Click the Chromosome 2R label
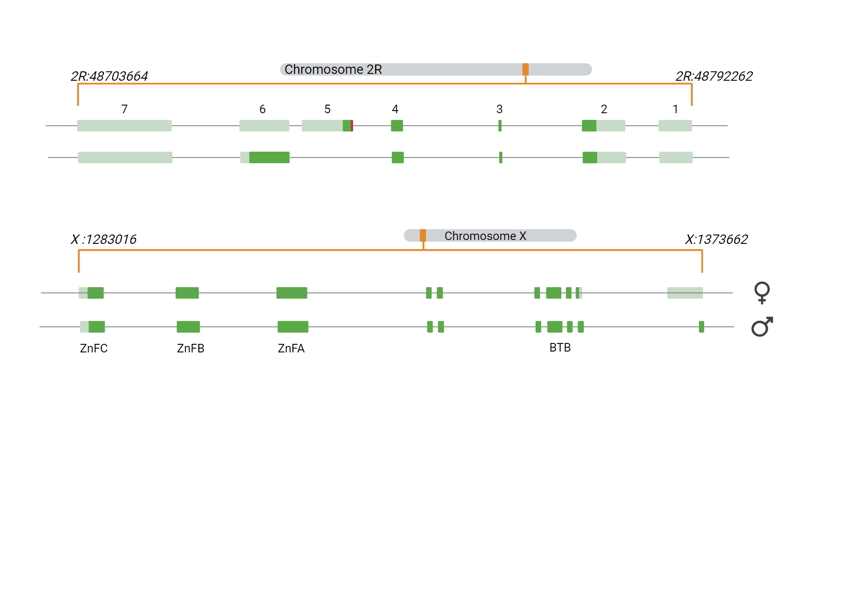[333, 69]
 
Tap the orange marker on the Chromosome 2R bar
[525, 69]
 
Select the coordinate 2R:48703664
[109, 76]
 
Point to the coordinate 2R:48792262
[713, 76]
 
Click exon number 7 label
[124, 109]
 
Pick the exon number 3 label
[499, 109]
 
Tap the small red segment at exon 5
[352, 126]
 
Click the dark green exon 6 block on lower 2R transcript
[269, 157]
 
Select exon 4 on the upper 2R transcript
[397, 126]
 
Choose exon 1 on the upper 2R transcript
[675, 126]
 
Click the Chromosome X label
[485, 236]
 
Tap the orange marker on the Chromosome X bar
[423, 235]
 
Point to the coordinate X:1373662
[716, 240]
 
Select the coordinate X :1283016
[103, 240]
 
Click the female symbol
[762, 293]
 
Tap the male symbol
[762, 327]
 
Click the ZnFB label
[191, 349]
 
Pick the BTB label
[560, 348]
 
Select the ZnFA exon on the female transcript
[292, 293]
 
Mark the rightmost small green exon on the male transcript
[702, 327]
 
